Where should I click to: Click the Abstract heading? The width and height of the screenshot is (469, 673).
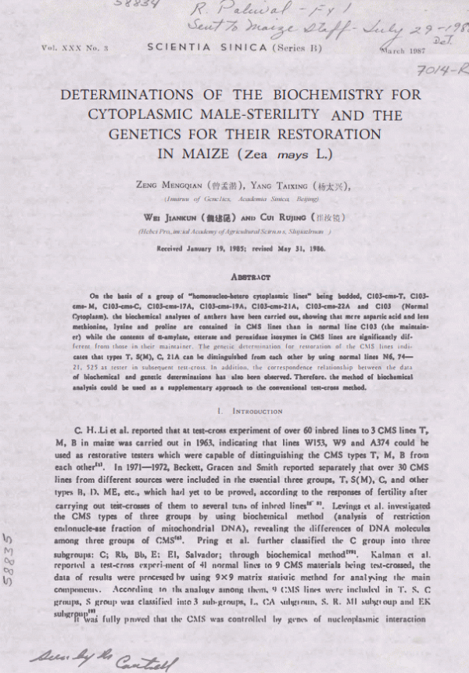pyautogui.click(x=234, y=276)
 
